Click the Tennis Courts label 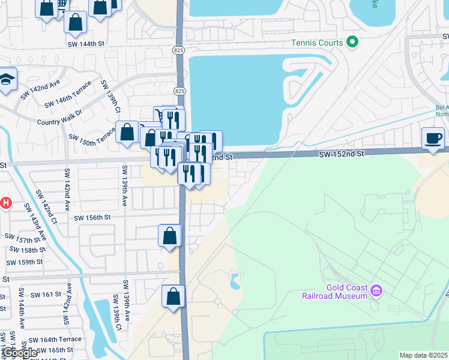[317, 43]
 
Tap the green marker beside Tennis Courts [352, 43]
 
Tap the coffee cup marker [433, 138]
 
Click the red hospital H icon [6, 203]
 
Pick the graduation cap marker [6, 80]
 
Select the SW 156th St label [92, 218]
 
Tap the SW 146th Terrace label [68, 95]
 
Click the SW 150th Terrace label [91, 139]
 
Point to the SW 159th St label [25, 262]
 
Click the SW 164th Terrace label [58, 340]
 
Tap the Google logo [20, 353]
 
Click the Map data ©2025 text [423, 355]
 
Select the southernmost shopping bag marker [173, 296]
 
